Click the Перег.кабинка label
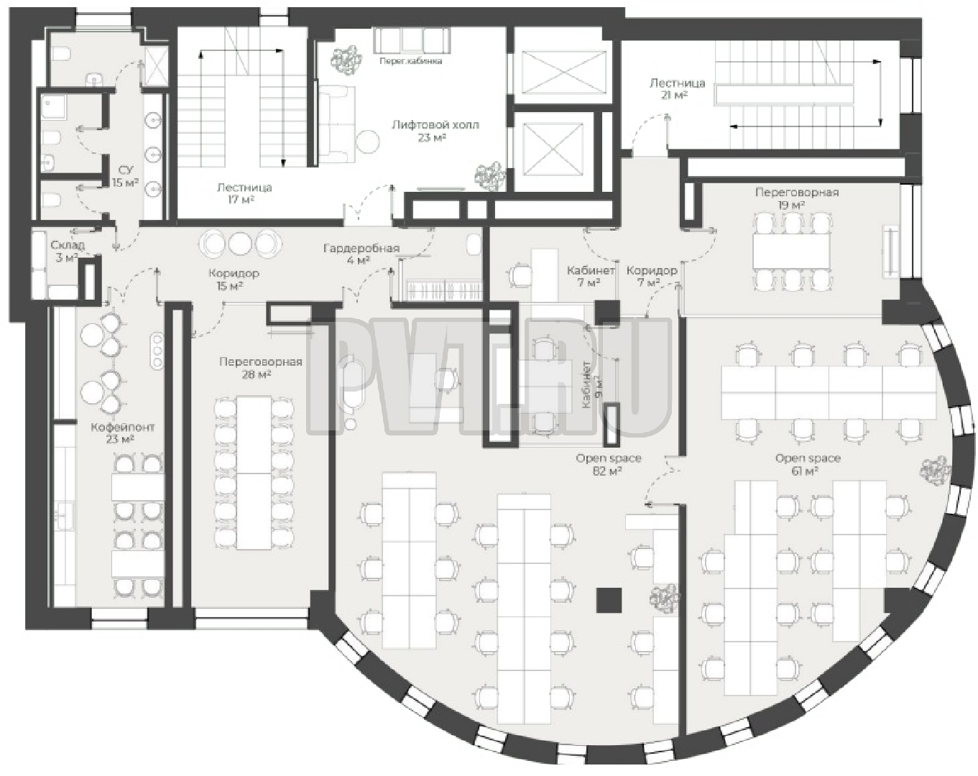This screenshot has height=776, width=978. coord(410,61)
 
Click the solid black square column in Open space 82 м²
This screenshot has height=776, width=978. coord(609,600)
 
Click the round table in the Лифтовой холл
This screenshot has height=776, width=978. coord(366,142)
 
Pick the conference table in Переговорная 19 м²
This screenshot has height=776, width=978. coord(792,251)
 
